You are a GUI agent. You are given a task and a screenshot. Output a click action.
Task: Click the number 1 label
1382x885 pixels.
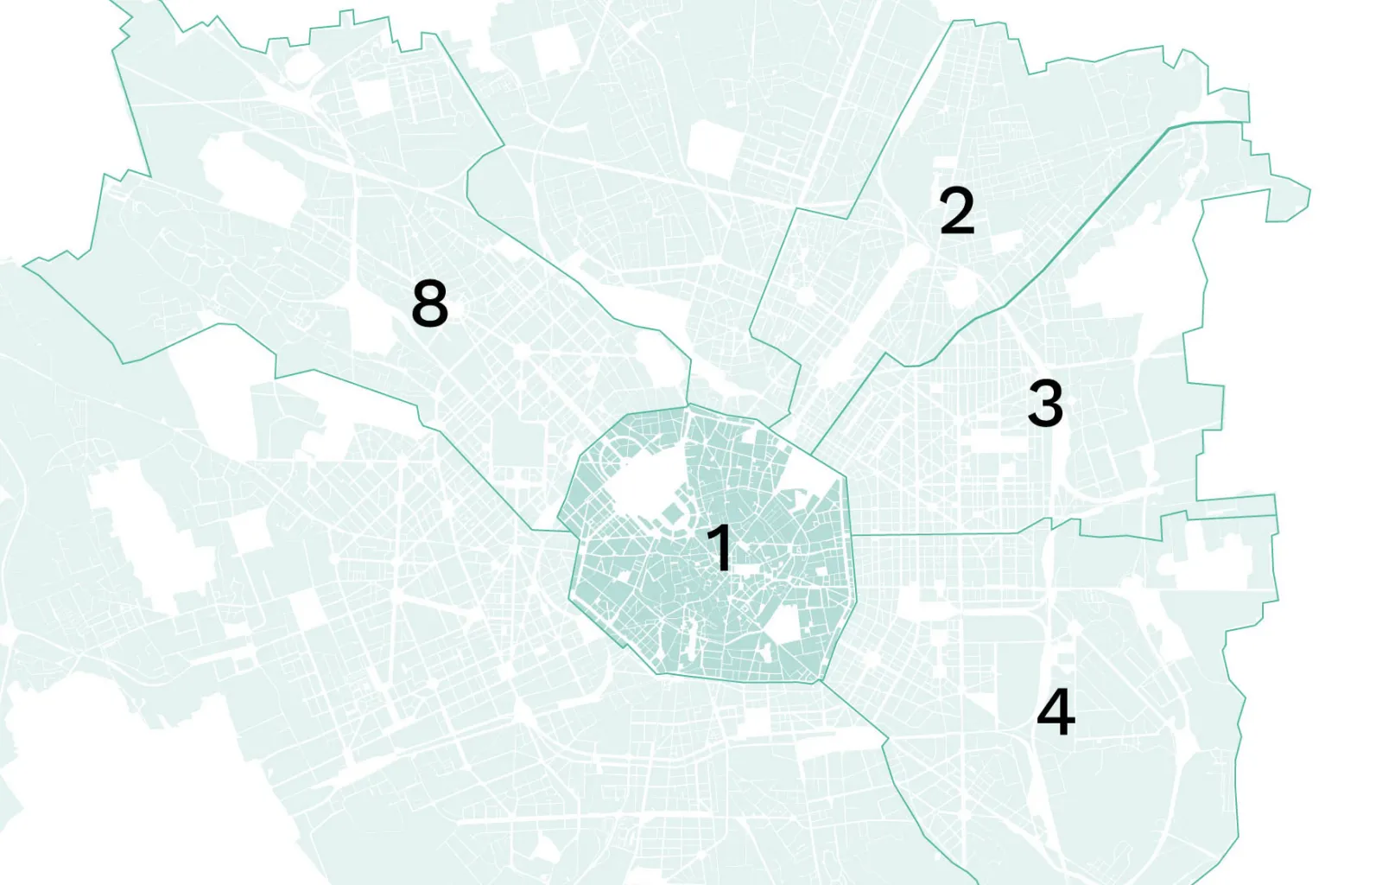(x=720, y=548)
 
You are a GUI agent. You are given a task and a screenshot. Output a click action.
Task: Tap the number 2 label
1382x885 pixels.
(x=957, y=211)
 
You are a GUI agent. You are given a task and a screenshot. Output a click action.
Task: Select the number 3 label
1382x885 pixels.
(x=1045, y=403)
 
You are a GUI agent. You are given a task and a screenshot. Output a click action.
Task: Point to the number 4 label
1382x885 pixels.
(x=1056, y=711)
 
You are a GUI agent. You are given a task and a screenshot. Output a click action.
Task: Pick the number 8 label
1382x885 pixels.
(x=429, y=303)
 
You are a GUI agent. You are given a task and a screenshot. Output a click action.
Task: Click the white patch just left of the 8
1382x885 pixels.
(x=371, y=311)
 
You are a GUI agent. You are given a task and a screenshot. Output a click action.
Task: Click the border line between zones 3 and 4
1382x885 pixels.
(x=950, y=535)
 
